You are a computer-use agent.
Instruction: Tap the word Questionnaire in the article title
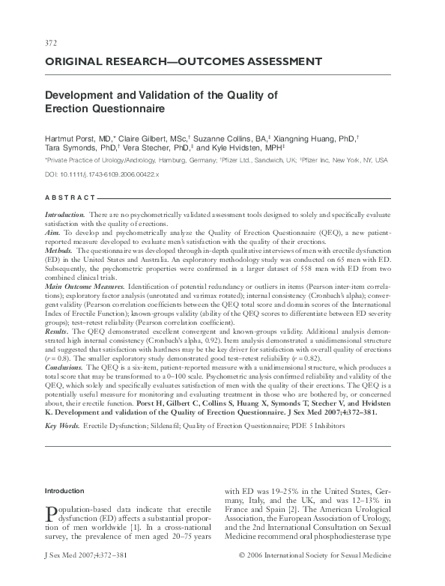(123, 109)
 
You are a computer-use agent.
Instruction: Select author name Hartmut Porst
(71, 138)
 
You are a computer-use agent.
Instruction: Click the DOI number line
(102, 173)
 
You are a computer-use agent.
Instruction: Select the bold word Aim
(52, 234)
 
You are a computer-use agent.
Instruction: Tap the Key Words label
(62, 425)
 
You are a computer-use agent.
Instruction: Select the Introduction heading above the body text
(65, 491)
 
